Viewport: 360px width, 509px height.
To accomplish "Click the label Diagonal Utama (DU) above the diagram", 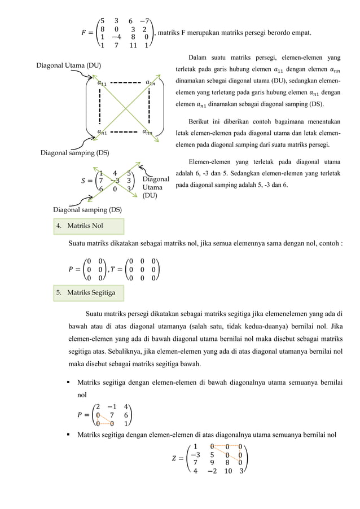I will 68,66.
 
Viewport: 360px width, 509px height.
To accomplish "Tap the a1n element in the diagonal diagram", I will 151,83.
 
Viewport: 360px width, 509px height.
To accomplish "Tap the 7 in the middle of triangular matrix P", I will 113,415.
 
